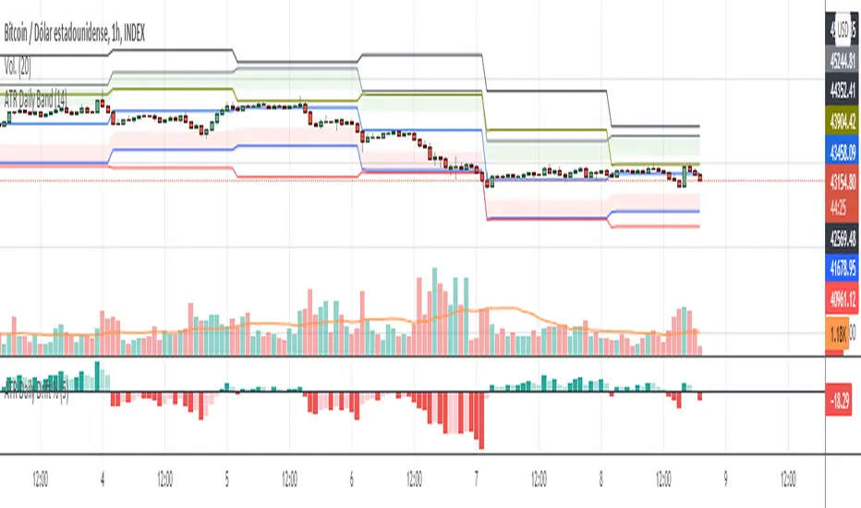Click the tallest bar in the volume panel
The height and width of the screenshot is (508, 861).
pyautogui.click(x=432, y=312)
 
